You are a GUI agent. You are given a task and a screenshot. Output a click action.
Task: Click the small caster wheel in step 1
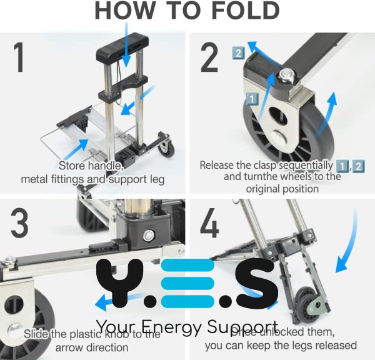pos(166,148)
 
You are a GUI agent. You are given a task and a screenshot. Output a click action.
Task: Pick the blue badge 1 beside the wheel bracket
pos(251,98)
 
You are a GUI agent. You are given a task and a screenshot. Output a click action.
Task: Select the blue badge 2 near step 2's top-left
pos(237,52)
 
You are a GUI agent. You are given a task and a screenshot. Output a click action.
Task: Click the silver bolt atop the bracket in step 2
pos(287,75)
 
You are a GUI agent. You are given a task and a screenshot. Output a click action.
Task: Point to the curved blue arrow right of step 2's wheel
pos(329,116)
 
